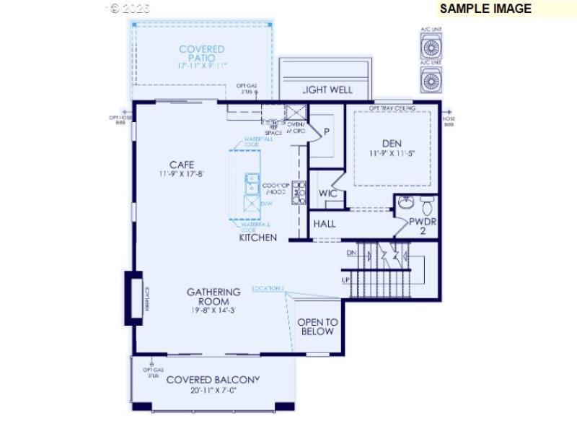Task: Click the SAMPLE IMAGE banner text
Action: pos(485,9)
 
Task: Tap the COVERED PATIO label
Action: pos(202,53)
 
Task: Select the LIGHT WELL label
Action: pos(327,90)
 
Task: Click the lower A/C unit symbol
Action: pos(431,81)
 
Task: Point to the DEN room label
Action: pos(391,143)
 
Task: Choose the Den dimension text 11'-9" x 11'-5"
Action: pos(391,154)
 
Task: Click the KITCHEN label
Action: pos(257,237)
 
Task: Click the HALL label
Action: pos(325,224)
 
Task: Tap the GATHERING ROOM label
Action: pos(213,297)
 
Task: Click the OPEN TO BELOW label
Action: pos(317,327)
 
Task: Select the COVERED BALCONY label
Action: pos(213,380)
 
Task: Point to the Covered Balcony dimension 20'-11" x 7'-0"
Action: pos(213,391)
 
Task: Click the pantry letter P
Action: pos(326,131)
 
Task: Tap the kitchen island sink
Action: pos(251,183)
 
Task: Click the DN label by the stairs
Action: pos(351,253)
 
